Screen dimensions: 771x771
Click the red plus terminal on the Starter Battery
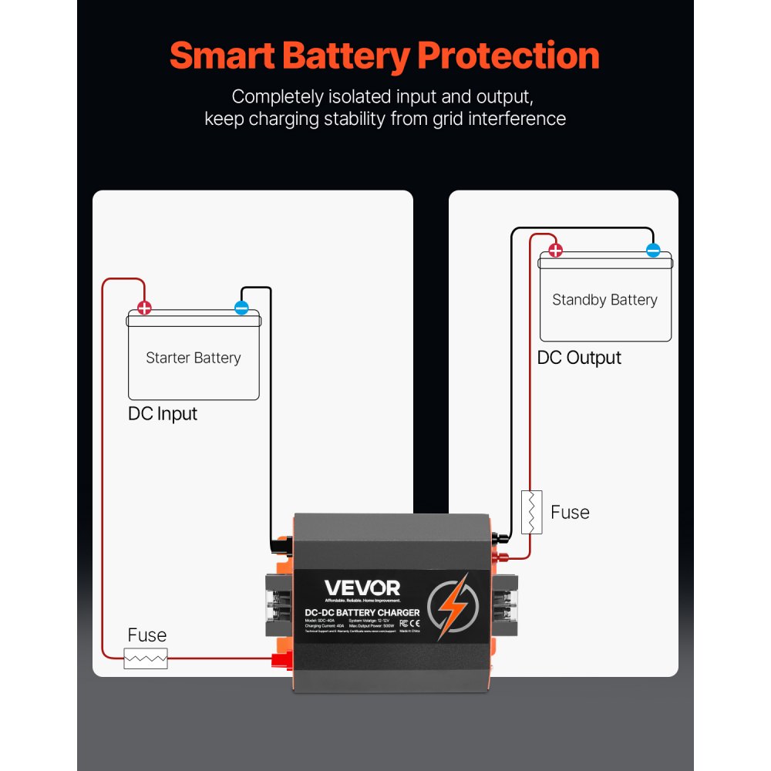(144, 309)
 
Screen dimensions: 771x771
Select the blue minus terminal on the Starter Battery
(241, 309)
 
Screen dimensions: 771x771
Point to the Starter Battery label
(193, 358)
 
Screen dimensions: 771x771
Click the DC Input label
(162, 413)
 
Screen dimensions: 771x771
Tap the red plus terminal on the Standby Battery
(555, 251)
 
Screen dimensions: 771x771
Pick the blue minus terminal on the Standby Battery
(653, 251)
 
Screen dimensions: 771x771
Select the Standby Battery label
(604, 300)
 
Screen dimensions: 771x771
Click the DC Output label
(579, 358)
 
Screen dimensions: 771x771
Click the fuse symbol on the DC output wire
(532, 512)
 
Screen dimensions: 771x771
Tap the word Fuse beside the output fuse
(570, 513)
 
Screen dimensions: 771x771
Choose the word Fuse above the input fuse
(146, 635)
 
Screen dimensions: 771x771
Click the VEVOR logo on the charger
(362, 588)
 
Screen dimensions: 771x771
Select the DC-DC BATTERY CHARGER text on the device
(362, 612)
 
